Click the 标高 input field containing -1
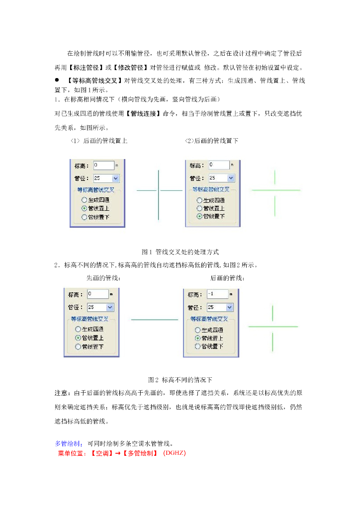(217, 294)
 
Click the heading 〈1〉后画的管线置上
(98, 141)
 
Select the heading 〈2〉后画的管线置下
(211, 141)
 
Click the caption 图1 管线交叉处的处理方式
(180, 252)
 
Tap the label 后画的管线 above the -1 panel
(227, 278)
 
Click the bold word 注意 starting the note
(60, 393)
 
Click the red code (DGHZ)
(174, 453)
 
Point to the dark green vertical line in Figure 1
(158, 195)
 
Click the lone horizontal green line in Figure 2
(154, 320)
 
